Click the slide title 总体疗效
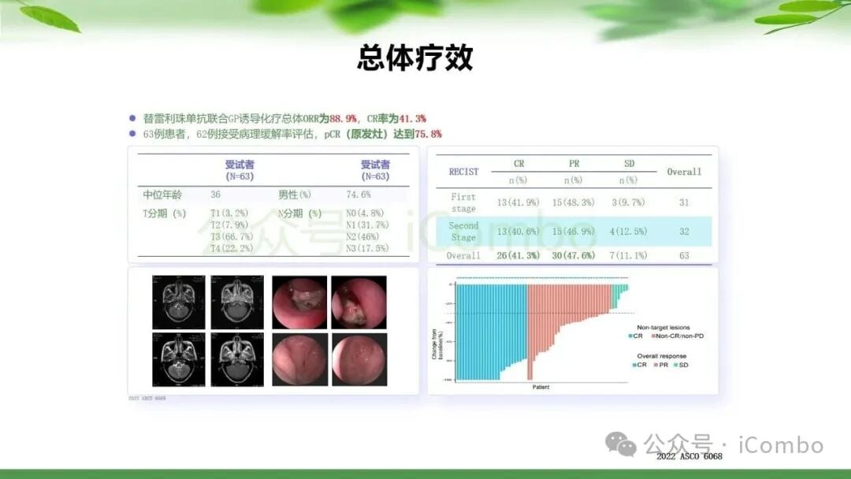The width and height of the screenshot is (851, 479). coord(415,58)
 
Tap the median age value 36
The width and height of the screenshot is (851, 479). coord(215,195)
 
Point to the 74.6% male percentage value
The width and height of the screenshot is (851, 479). coord(359,195)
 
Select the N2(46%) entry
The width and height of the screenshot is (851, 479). coord(363,236)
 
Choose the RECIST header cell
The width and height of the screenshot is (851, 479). coord(463,171)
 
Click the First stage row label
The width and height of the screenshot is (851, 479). coord(463,202)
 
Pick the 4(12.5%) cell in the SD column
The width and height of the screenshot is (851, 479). coord(628,232)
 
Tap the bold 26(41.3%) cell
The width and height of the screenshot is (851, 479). coord(518,256)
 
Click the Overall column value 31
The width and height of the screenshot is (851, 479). coord(683,202)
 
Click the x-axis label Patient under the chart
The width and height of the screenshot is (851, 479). coord(541,387)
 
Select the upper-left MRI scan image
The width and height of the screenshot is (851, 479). coord(178,302)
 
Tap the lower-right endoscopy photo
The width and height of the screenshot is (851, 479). coord(359,359)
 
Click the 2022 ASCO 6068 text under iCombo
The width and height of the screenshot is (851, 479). coord(689,456)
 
